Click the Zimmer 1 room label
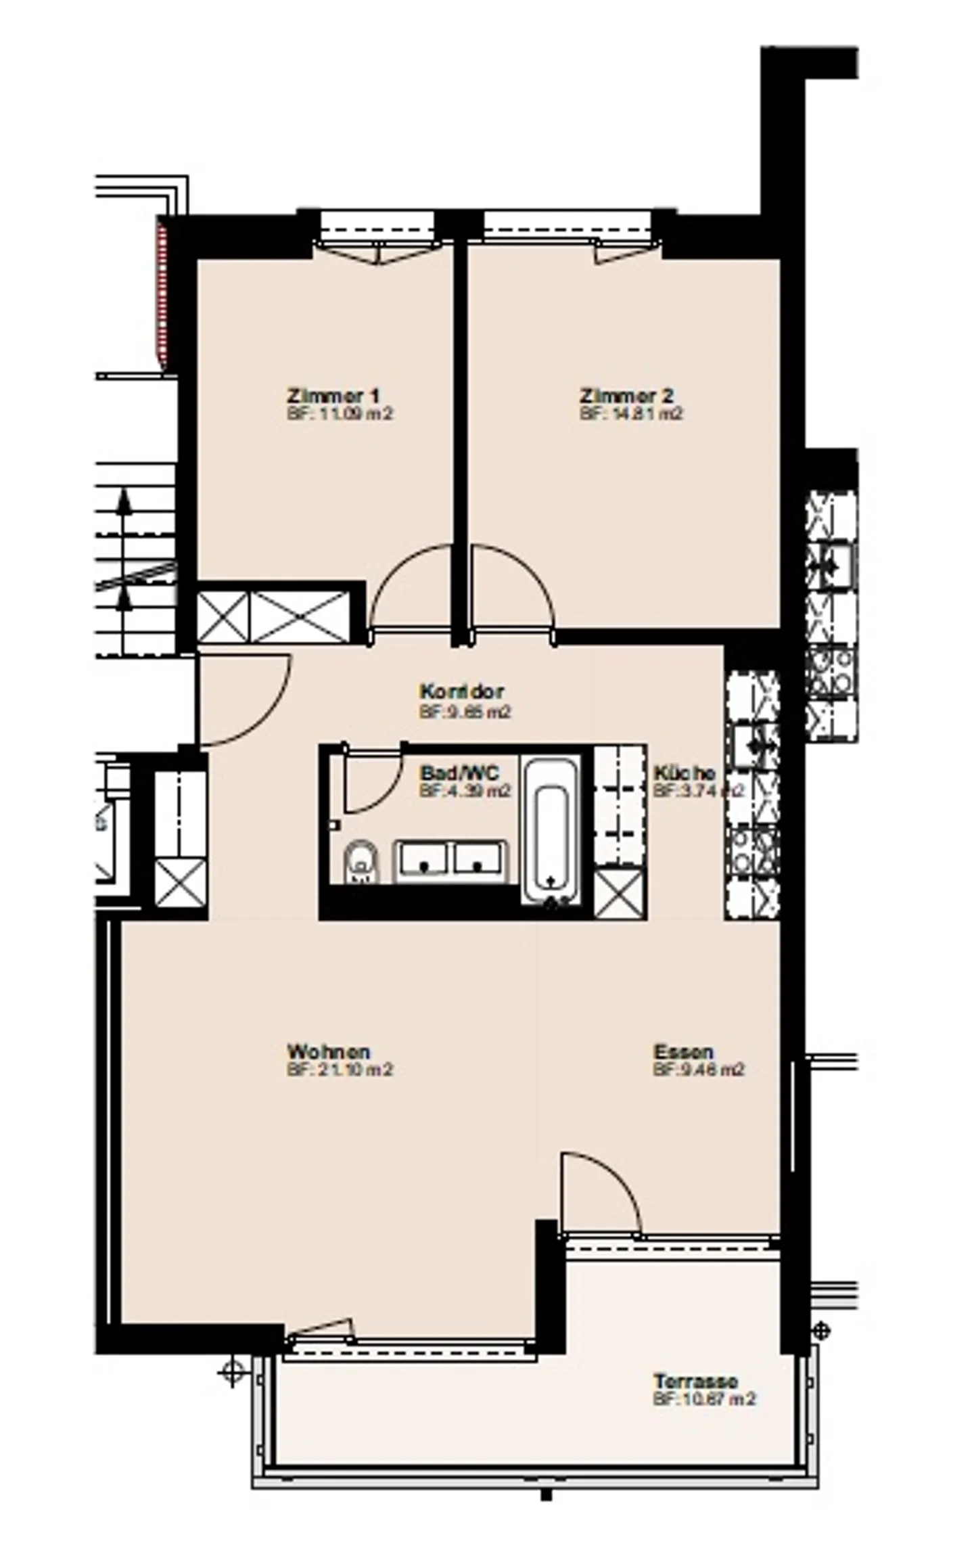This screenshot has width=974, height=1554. pos(333,395)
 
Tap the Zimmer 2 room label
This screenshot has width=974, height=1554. pos(626,395)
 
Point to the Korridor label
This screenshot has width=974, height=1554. pos(461,692)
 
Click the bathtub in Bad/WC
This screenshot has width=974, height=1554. pos(551,831)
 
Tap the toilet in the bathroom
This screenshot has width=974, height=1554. pos(361,862)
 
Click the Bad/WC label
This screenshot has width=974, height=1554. pos(459,773)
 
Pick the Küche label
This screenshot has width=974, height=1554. pos(684,773)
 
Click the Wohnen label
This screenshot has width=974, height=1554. pos(329,1052)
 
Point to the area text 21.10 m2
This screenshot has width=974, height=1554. pos(340,1070)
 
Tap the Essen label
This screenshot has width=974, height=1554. pos(683,1052)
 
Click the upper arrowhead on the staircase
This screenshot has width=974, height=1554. pos(124,499)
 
